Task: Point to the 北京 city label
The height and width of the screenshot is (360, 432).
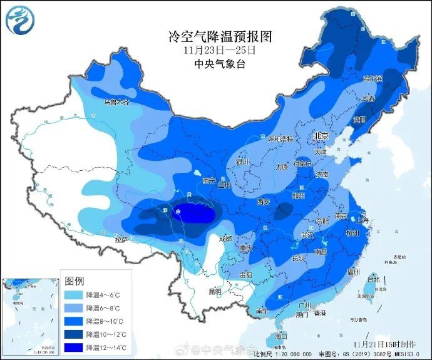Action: (321, 136)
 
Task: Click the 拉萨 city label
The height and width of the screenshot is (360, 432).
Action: (121, 239)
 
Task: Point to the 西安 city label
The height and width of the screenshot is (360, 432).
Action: (262, 202)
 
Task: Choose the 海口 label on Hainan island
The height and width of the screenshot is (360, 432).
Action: (281, 336)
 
